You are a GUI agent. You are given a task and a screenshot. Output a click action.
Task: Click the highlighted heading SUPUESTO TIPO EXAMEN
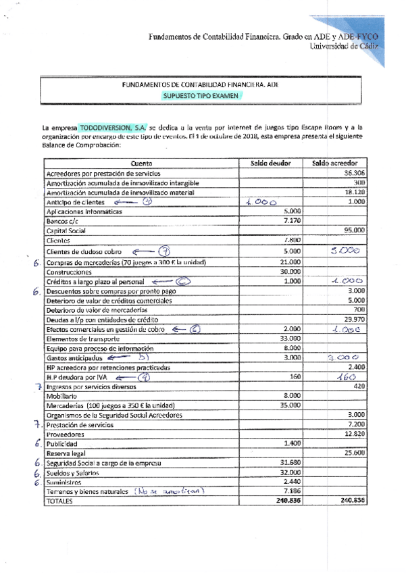tap(201, 96)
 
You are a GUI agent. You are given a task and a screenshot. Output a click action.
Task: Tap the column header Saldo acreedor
tap(334, 163)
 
